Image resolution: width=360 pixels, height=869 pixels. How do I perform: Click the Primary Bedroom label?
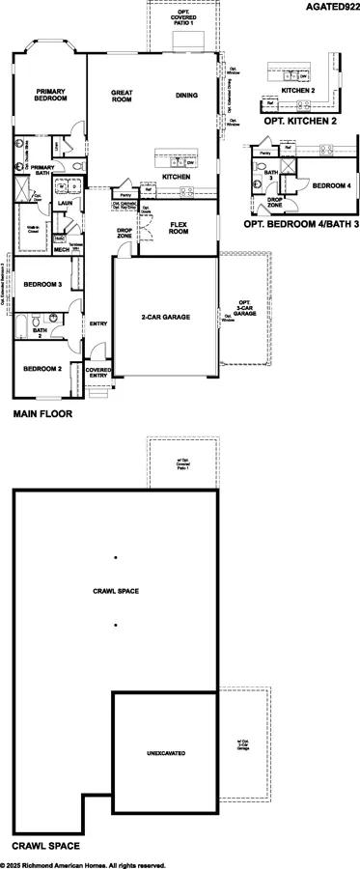[51, 95]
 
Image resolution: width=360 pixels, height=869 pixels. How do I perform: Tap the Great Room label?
[121, 95]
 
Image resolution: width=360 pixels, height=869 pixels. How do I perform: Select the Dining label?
[188, 95]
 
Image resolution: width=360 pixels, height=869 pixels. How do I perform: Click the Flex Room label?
[179, 228]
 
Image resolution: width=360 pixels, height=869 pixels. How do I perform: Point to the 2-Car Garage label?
[165, 317]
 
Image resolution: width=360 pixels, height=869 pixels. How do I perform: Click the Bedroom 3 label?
[43, 285]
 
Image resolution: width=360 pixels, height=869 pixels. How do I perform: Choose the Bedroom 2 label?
[43, 369]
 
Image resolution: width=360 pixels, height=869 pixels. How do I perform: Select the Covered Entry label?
[98, 373]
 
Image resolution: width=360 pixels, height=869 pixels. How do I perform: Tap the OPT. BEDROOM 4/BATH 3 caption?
[300, 223]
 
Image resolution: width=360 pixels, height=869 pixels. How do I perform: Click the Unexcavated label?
[165, 752]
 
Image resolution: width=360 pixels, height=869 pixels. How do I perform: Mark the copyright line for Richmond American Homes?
[83, 864]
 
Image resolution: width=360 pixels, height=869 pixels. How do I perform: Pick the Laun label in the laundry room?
[66, 204]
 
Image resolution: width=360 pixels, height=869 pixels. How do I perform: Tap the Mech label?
[61, 249]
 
